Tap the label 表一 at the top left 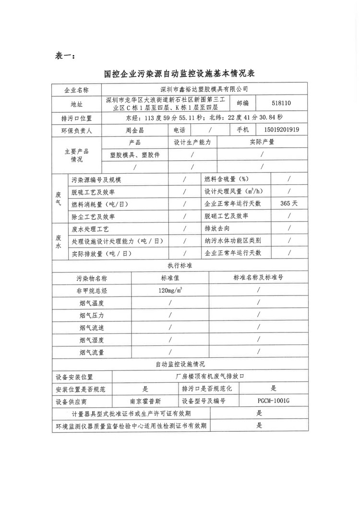click(x=62, y=56)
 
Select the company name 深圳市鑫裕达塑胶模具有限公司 click(x=205, y=89)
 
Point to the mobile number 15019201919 click(x=282, y=130)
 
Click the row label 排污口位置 click(x=77, y=117)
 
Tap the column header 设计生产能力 click(x=192, y=142)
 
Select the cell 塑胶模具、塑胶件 click(x=134, y=155)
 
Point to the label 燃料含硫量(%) click(x=226, y=179)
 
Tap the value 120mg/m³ click(x=170, y=291)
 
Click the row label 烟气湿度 click(x=91, y=340)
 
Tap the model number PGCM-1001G click(x=274, y=401)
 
